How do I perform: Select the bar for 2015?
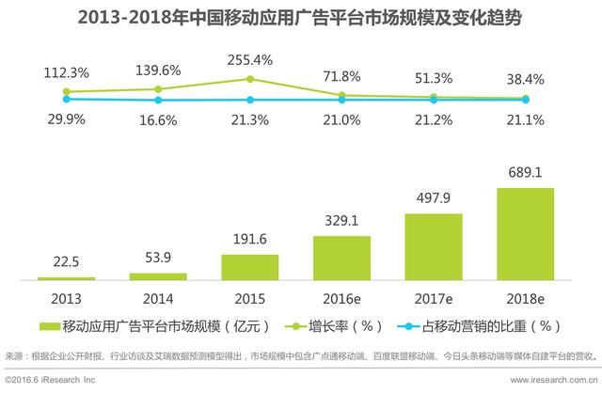(x=249, y=267)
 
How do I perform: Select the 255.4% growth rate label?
(x=250, y=61)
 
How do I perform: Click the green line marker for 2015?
(x=250, y=79)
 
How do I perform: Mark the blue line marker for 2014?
(x=158, y=100)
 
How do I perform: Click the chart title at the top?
(x=301, y=18)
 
